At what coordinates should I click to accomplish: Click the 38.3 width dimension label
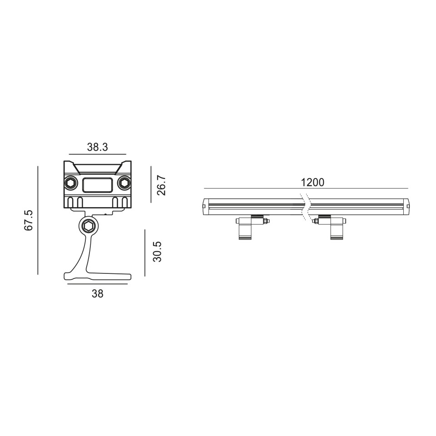tap(97, 147)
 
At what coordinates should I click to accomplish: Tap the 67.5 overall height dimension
tap(29, 220)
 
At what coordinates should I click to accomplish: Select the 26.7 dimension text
tap(161, 185)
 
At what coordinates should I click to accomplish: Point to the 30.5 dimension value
tap(157, 252)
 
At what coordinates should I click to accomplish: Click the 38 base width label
tap(98, 294)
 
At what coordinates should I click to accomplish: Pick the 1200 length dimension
tap(312, 183)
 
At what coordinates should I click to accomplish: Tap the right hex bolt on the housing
tap(124, 183)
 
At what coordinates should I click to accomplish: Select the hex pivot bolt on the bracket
tap(89, 227)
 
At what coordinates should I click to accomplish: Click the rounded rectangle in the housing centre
tap(98, 185)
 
